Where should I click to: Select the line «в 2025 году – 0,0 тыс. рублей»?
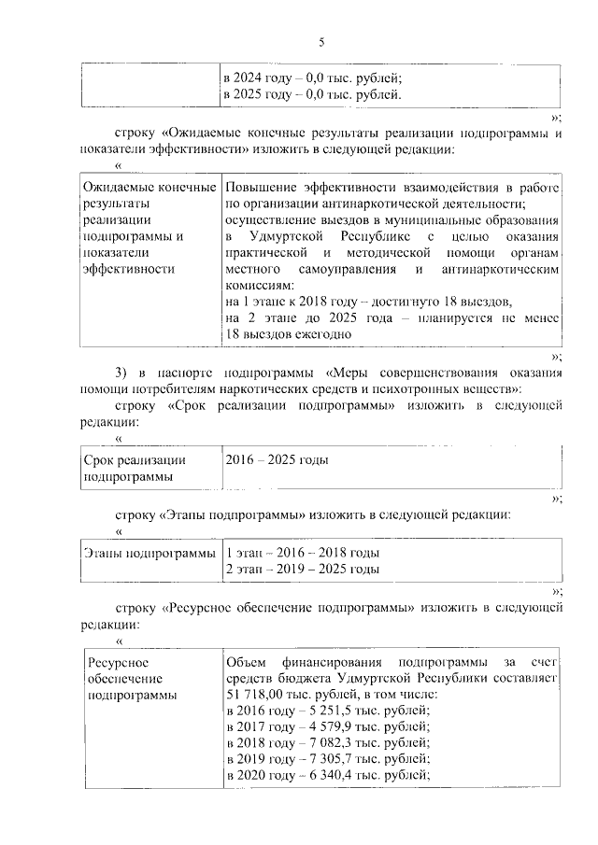click(313, 94)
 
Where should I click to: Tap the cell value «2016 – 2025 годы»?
click(277, 460)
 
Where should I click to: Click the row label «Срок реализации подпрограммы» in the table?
click(135, 468)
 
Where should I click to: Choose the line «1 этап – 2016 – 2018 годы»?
click(303, 554)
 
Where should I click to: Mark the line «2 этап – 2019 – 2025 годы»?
click(303, 569)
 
